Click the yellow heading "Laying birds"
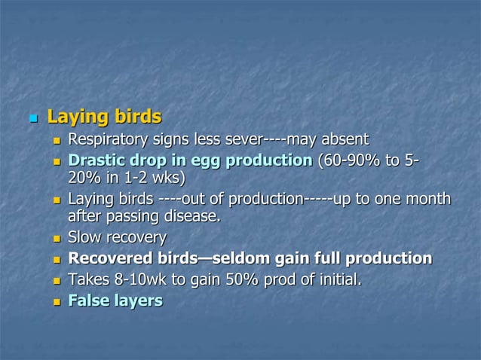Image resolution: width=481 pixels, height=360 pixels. click(x=104, y=117)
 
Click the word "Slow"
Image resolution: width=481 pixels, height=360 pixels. click(x=85, y=238)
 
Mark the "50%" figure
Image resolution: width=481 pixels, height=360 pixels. click(x=244, y=280)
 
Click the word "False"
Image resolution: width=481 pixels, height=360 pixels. click(x=88, y=301)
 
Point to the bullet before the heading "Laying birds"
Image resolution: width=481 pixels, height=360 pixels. click(x=33, y=119)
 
